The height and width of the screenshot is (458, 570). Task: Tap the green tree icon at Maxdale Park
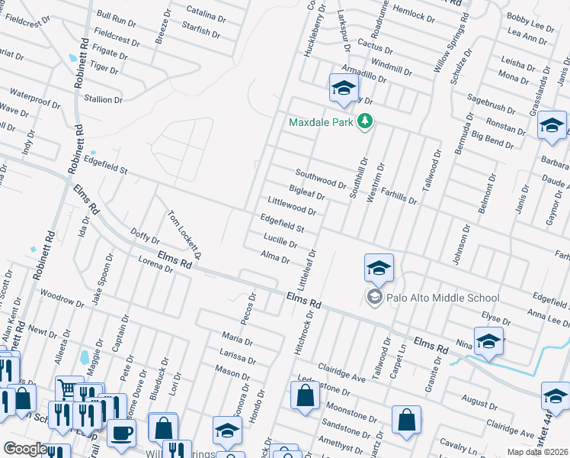pos(366,121)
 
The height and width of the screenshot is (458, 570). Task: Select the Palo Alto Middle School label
pos(444,298)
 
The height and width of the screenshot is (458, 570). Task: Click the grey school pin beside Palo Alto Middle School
pos(375,297)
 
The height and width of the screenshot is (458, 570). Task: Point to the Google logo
pos(24,449)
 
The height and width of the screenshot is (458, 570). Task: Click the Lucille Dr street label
pos(279,244)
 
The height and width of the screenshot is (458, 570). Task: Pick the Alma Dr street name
pos(275,258)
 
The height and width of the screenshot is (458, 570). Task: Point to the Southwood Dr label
pos(321,180)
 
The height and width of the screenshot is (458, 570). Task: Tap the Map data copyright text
pos(538,452)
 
